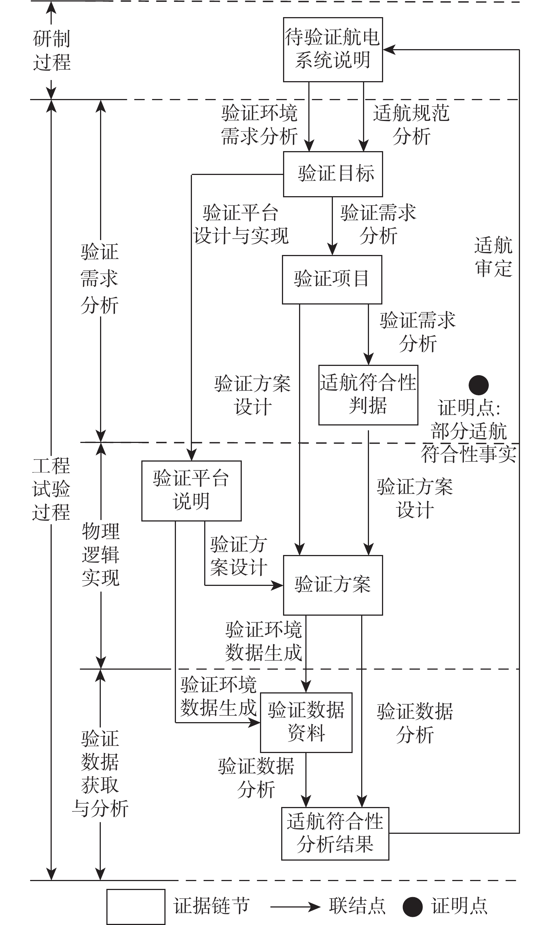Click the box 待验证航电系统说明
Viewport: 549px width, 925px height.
tap(333, 50)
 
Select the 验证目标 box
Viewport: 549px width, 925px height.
tap(333, 174)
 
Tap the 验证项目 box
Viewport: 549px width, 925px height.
tap(332, 279)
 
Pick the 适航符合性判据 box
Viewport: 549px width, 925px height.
tap(368, 395)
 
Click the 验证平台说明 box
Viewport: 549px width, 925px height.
tap(191, 491)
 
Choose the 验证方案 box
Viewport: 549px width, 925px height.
tap(333, 585)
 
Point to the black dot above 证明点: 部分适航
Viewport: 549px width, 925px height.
tap(478, 385)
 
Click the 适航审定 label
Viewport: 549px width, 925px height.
tap(494, 257)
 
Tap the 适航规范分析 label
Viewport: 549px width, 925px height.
tap(411, 125)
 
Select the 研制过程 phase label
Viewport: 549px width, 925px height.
tap(51, 50)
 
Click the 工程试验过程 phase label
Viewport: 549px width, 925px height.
tap(51, 489)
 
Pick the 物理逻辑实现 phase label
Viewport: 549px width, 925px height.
tap(101, 555)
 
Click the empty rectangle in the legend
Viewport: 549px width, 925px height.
tap(136, 906)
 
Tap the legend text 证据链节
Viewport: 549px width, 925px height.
tap(211, 906)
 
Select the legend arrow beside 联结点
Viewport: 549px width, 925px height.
tap(295, 906)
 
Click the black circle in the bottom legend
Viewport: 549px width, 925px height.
tap(412, 906)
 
